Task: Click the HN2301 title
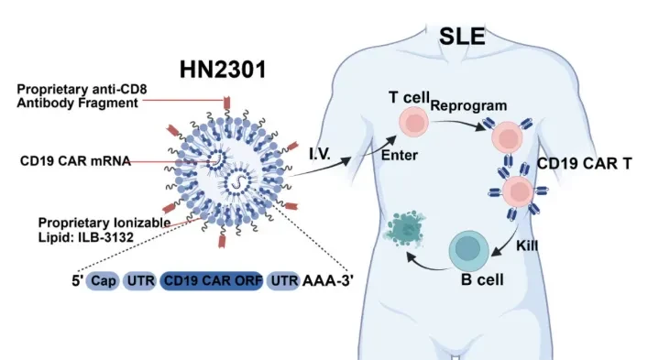(223, 70)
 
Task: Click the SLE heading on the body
(462, 37)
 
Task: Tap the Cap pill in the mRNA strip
(103, 281)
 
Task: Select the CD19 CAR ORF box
(212, 281)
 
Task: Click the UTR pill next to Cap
(139, 281)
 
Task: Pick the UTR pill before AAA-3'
(283, 281)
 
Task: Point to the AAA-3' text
(328, 281)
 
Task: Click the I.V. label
(320, 154)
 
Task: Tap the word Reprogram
(468, 106)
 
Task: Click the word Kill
(527, 245)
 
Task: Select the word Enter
(399, 155)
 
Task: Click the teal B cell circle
(468, 250)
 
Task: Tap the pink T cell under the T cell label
(413, 122)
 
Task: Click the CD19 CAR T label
(584, 164)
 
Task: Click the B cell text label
(482, 279)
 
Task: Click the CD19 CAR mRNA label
(75, 161)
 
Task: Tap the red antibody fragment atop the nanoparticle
(227, 103)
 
